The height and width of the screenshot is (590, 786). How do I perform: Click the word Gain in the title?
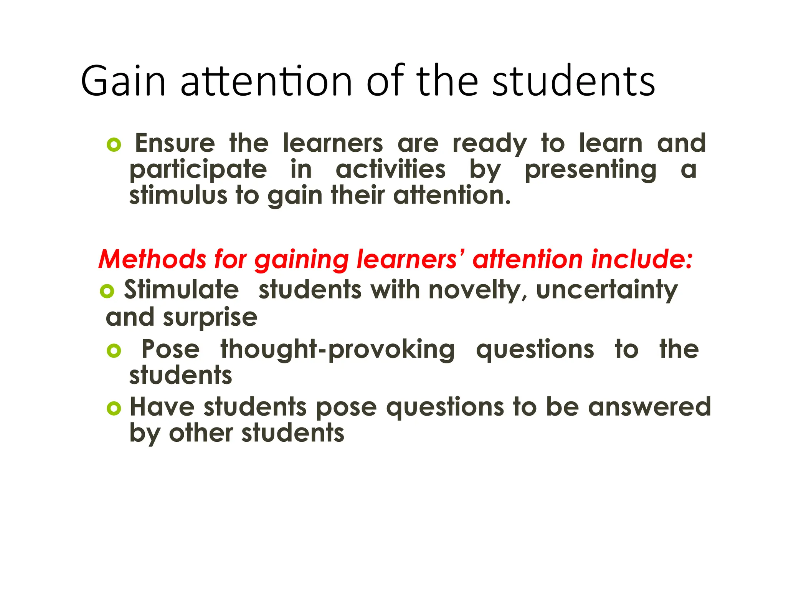pyautogui.click(x=123, y=81)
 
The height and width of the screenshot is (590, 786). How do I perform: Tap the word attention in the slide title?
pyautogui.click(x=266, y=81)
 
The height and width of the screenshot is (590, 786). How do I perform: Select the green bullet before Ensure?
pyautogui.click(x=114, y=145)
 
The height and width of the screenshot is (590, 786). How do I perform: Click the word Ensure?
pyautogui.click(x=175, y=143)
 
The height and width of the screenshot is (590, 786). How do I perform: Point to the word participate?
pyautogui.click(x=198, y=170)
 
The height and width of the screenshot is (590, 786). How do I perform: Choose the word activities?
pyautogui.click(x=391, y=169)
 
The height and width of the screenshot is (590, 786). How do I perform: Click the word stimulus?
pyautogui.click(x=178, y=196)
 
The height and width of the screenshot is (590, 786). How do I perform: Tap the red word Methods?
pyautogui.click(x=152, y=259)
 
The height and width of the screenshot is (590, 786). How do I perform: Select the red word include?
pyautogui.click(x=642, y=259)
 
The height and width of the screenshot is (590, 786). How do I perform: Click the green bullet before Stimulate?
pyautogui.click(x=107, y=291)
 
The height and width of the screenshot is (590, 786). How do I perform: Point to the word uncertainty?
pyautogui.click(x=607, y=290)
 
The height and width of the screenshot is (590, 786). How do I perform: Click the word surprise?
pyautogui.click(x=210, y=318)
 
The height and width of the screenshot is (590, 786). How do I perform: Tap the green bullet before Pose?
pyautogui.click(x=114, y=350)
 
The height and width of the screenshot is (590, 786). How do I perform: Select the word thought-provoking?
pyautogui.click(x=338, y=350)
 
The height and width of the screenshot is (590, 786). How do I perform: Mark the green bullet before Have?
pyautogui.click(x=114, y=408)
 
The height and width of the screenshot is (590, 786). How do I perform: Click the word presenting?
pyautogui.click(x=590, y=170)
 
